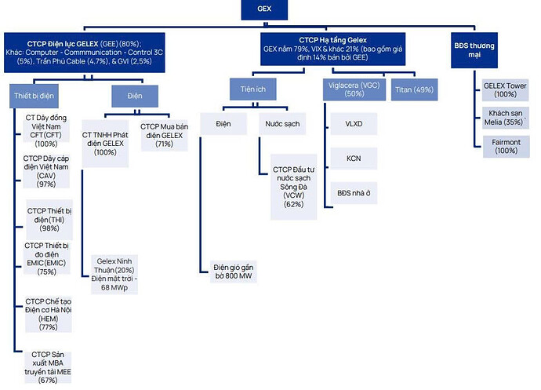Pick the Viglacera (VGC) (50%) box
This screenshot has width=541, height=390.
[x=354, y=89]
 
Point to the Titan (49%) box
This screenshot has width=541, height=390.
[x=412, y=89]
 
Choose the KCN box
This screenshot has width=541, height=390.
[x=354, y=159]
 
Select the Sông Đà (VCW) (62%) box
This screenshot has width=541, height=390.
[x=293, y=187]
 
